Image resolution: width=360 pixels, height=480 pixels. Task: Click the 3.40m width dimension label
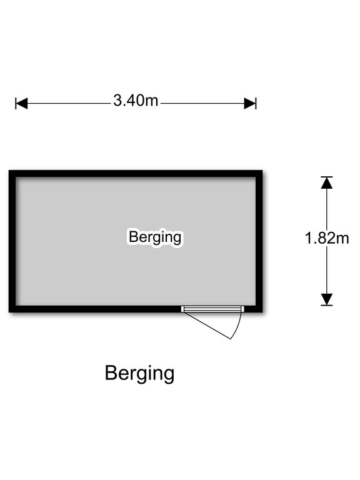pyautogui.click(x=136, y=101)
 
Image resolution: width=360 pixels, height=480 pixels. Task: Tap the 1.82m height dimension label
pyautogui.click(x=327, y=238)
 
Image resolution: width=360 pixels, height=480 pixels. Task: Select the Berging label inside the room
pyautogui.click(x=155, y=237)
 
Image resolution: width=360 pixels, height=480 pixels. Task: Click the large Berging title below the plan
pyautogui.click(x=139, y=374)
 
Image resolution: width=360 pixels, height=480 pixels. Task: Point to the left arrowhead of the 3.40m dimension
pyautogui.click(x=21, y=104)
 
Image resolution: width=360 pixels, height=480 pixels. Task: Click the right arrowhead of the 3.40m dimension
pyautogui.click(x=250, y=104)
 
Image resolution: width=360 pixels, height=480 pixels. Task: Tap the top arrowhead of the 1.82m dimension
pyautogui.click(x=327, y=182)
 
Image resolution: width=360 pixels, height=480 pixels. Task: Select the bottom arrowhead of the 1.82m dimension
pyautogui.click(x=327, y=299)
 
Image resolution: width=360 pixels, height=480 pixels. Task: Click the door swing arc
pyautogui.click(x=238, y=326)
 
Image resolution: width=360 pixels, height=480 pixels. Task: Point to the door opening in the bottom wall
pyautogui.click(x=212, y=309)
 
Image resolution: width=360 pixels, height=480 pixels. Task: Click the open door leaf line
pyautogui.click(x=207, y=326)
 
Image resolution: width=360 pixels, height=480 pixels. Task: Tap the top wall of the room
pyautogui.click(x=136, y=174)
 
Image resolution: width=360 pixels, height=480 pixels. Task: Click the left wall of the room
pyautogui.click(x=12, y=241)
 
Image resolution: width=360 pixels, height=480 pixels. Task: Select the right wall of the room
pyautogui.click(x=259, y=241)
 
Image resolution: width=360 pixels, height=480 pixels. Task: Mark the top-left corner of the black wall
pyautogui.click(x=9, y=170)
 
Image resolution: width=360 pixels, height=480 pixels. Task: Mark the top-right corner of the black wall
pyautogui.click(x=262, y=170)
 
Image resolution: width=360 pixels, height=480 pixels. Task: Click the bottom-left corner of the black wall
pyautogui.click(x=9, y=312)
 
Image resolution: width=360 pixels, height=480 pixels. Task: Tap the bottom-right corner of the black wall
pyautogui.click(x=262, y=312)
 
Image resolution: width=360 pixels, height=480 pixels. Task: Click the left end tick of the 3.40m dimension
pyautogui.click(x=16, y=104)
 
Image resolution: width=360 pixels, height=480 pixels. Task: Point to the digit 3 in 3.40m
pyautogui.click(x=117, y=101)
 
